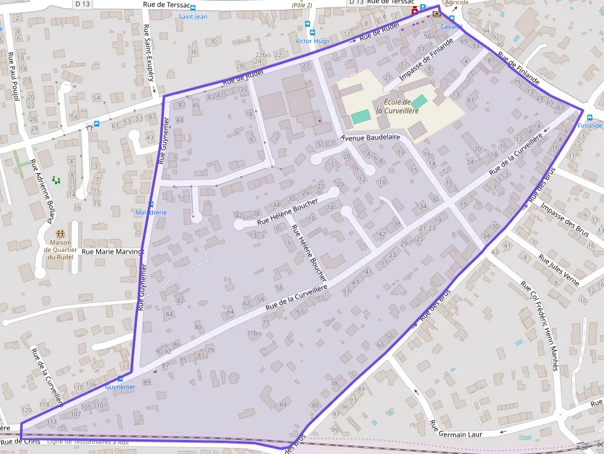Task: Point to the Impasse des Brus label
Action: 565,217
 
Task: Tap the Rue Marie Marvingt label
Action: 113,251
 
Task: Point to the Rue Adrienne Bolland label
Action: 42,192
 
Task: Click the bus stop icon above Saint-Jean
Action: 193,9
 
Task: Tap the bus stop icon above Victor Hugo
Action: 312,33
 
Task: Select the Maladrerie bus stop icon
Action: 151,204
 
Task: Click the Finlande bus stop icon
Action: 590,118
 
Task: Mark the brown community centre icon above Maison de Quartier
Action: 60,234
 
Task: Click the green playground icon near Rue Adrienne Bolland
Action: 56,180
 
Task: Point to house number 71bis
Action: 254,333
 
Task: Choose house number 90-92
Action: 163,351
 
